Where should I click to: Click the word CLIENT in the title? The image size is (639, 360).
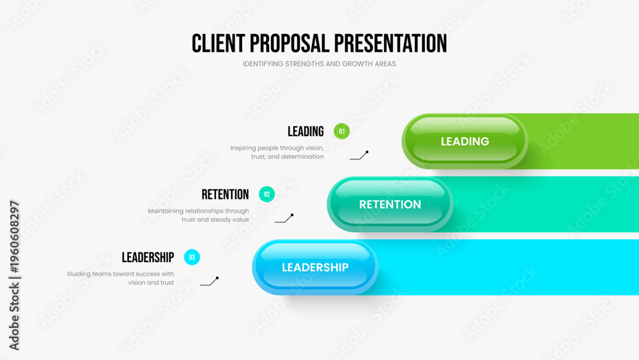click(219, 43)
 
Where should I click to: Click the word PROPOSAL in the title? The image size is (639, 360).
click(289, 43)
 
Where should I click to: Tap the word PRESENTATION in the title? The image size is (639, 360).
click(390, 43)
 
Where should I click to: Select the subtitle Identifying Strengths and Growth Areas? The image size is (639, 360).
click(319, 63)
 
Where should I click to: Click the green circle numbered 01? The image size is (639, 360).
click(341, 131)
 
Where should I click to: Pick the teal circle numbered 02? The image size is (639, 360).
click(266, 194)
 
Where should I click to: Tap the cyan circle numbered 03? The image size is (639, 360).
click(192, 257)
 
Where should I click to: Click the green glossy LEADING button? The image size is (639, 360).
click(465, 141)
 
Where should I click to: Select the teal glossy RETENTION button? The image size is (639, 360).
click(390, 204)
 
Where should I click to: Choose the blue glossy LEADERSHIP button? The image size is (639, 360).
click(315, 267)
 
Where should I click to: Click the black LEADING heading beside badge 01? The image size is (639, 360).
click(305, 131)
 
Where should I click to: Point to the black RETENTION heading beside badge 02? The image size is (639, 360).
click(225, 194)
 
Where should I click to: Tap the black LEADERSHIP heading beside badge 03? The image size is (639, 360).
click(148, 257)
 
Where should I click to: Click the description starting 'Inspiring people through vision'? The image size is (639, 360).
click(277, 152)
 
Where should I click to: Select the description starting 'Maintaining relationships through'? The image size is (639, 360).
click(199, 215)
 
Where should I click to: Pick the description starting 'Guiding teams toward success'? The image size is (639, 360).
click(121, 278)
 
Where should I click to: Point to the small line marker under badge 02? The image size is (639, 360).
click(285, 219)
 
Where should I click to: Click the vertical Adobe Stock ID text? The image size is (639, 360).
click(14, 275)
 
